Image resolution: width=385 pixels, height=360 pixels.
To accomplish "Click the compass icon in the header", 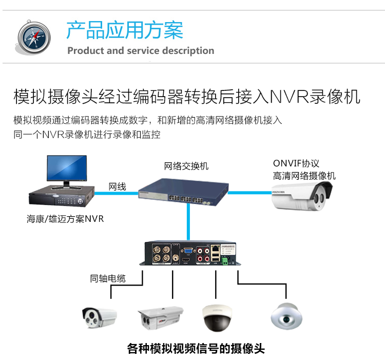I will coord(33,37).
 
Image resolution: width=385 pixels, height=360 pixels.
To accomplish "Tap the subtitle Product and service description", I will coord(141,51).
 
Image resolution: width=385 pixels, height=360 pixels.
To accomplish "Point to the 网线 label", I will coord(117,186).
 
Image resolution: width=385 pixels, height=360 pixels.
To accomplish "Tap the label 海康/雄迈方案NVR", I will coord(65,219).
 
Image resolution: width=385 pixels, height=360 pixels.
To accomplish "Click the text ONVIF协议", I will coord(296,164).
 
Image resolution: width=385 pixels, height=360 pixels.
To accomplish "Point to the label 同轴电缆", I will coord(107,279).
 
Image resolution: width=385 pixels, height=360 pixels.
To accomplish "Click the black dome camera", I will coord(218,318).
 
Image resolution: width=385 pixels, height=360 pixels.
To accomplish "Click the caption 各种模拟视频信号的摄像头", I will coord(196,349).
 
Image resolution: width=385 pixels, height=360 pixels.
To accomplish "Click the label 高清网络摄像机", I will coord(304,176).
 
